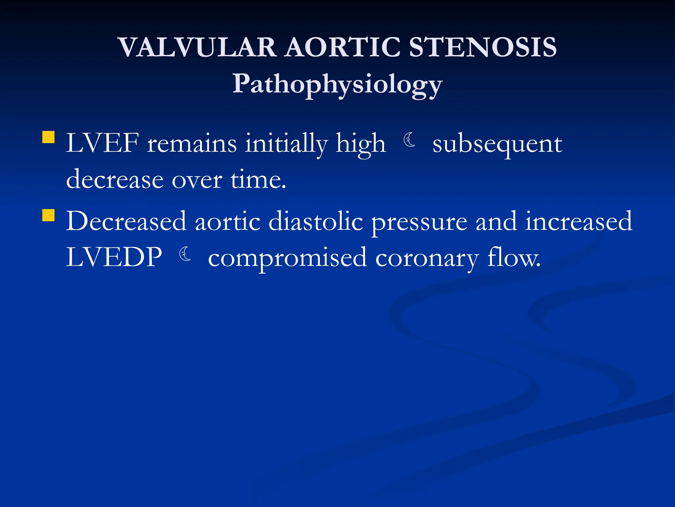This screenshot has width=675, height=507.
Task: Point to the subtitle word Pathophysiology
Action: [x=337, y=84]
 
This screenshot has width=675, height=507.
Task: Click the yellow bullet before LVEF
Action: [x=48, y=137]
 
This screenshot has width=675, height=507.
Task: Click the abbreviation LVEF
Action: [x=102, y=144]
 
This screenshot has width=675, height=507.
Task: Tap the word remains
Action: [x=192, y=144]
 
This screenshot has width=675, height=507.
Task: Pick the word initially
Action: [x=286, y=144]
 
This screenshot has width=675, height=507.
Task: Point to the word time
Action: [x=258, y=180]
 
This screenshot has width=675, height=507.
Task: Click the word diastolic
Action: [x=316, y=221]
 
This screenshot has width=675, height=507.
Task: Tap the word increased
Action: [x=578, y=221]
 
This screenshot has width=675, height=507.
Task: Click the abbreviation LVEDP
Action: [x=114, y=257]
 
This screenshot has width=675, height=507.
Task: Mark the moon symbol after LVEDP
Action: [x=185, y=254]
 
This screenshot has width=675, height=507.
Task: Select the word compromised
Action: [x=287, y=258]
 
